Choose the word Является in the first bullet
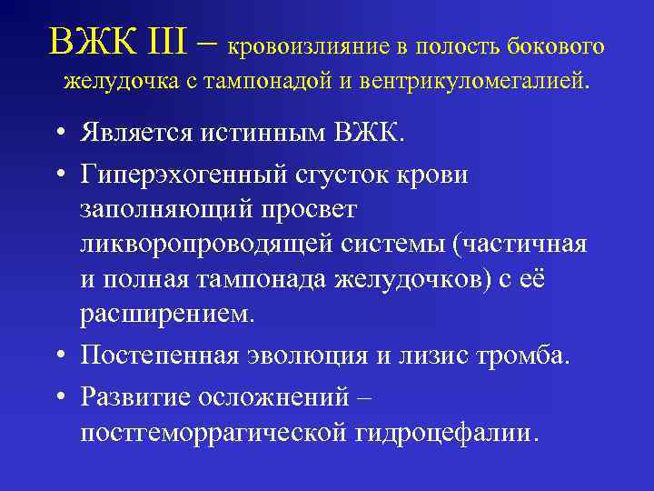(132, 136)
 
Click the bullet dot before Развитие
(58, 396)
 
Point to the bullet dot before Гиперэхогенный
(58, 175)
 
